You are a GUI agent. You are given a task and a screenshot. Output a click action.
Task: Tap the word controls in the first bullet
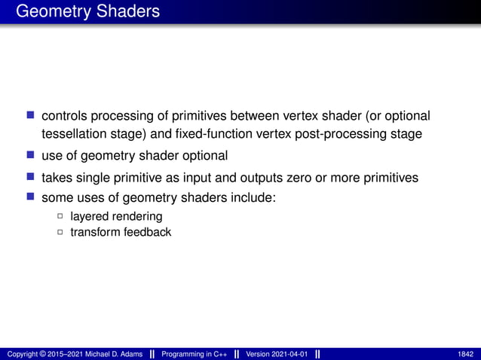[x=63, y=116]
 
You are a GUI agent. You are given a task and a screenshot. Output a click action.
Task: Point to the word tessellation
[x=74, y=134]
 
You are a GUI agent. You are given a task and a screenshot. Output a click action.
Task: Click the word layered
[x=89, y=217]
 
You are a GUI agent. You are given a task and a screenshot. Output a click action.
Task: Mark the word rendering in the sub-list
[x=136, y=217]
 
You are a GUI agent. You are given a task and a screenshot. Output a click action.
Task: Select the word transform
[x=95, y=232]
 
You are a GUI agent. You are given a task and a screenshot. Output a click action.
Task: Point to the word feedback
[x=148, y=232]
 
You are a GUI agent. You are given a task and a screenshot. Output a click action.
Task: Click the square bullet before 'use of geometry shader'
[x=31, y=155]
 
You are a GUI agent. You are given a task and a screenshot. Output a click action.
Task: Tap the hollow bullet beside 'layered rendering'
[x=60, y=217]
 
